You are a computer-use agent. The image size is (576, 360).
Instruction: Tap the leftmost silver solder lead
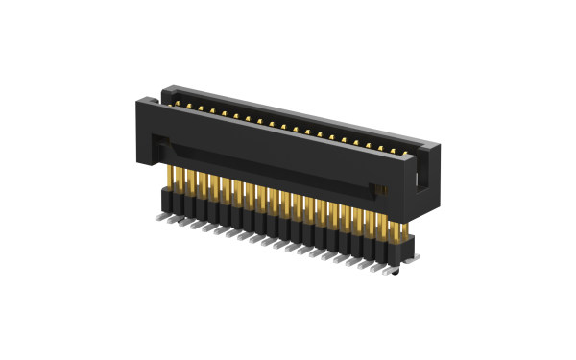[x=158, y=218]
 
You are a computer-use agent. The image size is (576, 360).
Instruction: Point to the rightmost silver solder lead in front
[x=386, y=272]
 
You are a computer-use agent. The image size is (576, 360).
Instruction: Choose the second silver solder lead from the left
[x=171, y=221]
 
